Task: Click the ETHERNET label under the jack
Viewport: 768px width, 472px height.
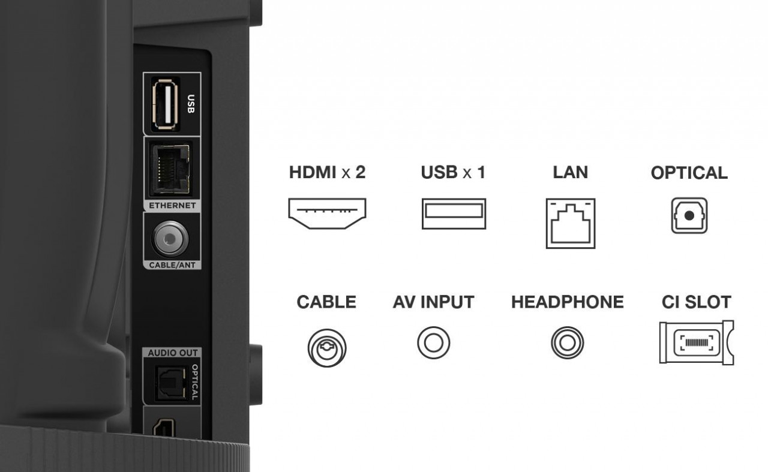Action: pos(172,206)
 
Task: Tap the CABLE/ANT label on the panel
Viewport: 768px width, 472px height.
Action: pos(172,264)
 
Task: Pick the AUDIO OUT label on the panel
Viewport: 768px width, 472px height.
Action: pos(173,353)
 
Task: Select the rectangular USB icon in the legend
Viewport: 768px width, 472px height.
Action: pos(454,214)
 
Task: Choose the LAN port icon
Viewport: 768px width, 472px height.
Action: pos(571,223)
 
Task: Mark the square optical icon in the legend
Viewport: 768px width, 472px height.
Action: pos(689,216)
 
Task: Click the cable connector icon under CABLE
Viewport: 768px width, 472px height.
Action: pos(326,347)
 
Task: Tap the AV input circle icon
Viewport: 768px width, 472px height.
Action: pos(433,343)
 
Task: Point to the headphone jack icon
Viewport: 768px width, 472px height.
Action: pos(567,344)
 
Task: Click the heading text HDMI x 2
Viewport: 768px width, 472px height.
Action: pos(327,173)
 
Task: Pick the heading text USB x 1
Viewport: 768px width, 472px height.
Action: pos(453,173)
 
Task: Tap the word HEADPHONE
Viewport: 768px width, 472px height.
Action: pos(567,302)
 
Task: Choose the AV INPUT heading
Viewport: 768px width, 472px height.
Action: pos(433,302)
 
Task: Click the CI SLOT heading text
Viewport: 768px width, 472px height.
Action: pos(696,302)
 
